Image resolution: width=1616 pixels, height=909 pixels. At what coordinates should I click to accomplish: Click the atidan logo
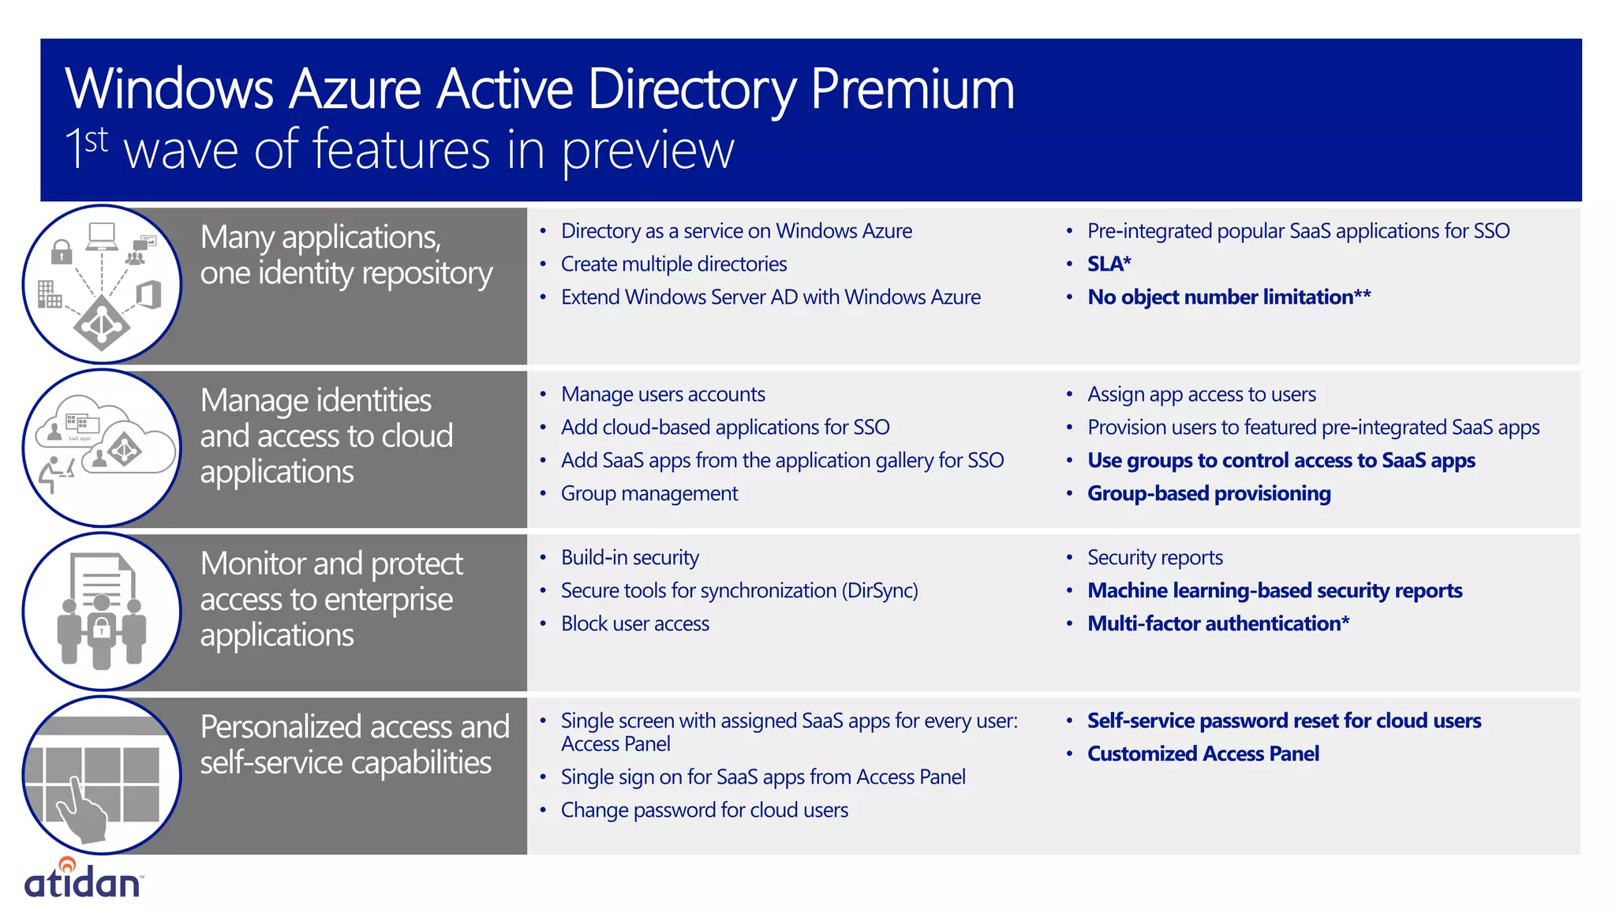tap(83, 881)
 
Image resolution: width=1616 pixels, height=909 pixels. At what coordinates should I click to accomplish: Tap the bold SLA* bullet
tap(1109, 264)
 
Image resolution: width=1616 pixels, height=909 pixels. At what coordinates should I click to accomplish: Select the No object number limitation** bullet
tap(1229, 297)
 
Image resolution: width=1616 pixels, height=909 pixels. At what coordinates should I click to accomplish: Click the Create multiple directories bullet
tap(673, 264)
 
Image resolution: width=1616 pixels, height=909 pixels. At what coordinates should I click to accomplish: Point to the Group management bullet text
tap(649, 494)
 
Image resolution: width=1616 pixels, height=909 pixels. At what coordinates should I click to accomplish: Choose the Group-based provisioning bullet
tap(1208, 494)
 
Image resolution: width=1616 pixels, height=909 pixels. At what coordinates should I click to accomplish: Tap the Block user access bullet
tap(634, 624)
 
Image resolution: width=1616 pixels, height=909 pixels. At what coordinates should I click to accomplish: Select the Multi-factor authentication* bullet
tap(1218, 624)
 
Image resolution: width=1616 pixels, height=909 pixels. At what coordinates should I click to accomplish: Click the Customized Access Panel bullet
tap(1203, 754)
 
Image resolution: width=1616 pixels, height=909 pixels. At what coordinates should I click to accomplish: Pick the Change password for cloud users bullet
tap(704, 810)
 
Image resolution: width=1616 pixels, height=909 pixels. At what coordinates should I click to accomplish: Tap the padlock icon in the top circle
tap(62, 252)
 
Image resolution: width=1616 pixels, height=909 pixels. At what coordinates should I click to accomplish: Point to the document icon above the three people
tap(102, 580)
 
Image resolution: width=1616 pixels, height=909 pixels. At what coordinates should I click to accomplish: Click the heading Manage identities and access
tap(326, 436)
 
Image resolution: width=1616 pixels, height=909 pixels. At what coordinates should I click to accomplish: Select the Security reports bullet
tap(1154, 558)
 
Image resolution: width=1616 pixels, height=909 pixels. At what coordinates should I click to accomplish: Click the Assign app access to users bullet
tap(1201, 395)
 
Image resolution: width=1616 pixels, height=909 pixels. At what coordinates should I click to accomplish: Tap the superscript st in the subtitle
tap(96, 140)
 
